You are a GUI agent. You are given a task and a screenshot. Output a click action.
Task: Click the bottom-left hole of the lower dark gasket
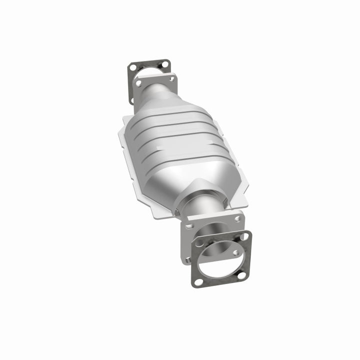[198, 282]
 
